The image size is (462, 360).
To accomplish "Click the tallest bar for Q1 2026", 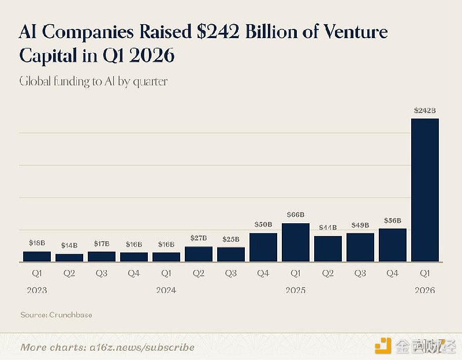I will pos(425,190).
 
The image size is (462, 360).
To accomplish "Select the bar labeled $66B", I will pos(296,243).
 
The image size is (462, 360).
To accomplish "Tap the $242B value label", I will pos(424,110).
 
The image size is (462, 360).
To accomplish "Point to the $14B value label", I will pos(69,245).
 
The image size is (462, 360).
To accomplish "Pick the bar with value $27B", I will pos(199,254).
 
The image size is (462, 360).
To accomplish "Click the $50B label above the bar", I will pos(263,224).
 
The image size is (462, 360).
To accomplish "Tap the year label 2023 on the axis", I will pos(37,291).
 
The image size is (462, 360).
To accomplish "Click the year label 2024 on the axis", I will pos(166,291).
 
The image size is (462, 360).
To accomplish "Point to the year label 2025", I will pos(296,291).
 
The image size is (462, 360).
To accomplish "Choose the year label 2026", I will pos(424,291).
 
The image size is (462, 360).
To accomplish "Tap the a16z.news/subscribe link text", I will pos(141,347).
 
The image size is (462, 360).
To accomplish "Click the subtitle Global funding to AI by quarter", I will pos(94,81).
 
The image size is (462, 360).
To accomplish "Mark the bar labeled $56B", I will pos(393,245).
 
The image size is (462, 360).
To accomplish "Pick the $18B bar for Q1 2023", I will pos(37,257).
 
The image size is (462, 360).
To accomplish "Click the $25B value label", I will pos(231,239).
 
